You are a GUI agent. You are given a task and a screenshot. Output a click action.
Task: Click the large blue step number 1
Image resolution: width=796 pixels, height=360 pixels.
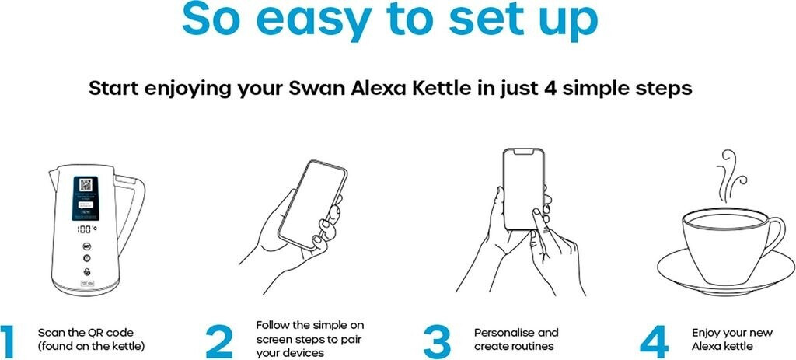point(7,341)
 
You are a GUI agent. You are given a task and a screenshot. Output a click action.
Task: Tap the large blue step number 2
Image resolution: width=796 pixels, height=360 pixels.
point(219,341)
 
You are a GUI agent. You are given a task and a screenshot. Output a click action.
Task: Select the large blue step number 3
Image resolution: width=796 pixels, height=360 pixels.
point(437,341)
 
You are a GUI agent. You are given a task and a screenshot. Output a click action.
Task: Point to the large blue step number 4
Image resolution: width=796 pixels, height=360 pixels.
point(654,341)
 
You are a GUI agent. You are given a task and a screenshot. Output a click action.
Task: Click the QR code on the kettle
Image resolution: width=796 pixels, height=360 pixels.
point(86,184)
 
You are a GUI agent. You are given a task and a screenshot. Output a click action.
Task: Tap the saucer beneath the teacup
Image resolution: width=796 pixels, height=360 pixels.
point(727,274)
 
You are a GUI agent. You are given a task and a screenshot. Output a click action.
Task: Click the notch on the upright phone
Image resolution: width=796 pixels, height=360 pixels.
point(523,152)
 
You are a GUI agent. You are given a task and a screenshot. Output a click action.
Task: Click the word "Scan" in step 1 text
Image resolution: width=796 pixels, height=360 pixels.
point(51,333)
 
